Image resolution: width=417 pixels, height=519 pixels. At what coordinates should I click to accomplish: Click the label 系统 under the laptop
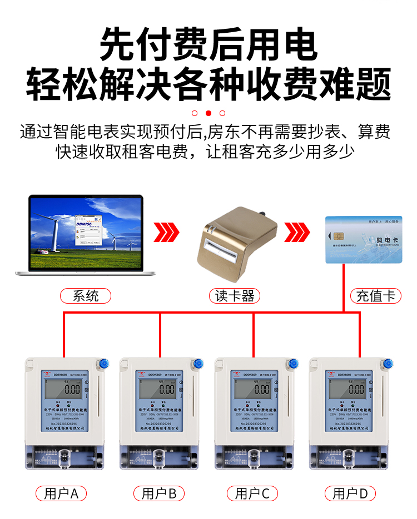tap(86, 296)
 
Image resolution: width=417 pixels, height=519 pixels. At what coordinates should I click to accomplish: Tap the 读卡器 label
tap(234, 296)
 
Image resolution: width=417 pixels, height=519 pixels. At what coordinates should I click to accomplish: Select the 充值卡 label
tap(375, 296)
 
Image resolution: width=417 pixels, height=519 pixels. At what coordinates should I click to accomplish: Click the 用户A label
tap(62, 493)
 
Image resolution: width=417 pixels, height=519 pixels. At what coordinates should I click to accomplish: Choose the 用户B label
tap(159, 493)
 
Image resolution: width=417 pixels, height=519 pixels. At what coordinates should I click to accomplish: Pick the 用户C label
tap(252, 493)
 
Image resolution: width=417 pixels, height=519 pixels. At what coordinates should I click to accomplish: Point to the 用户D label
tap(350, 493)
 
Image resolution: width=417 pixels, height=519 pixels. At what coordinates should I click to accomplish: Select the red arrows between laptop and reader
tap(167, 233)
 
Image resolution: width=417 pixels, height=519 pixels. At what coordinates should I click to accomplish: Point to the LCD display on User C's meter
tap(254, 389)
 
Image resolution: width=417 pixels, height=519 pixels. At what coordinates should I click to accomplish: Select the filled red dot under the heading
tap(209, 113)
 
